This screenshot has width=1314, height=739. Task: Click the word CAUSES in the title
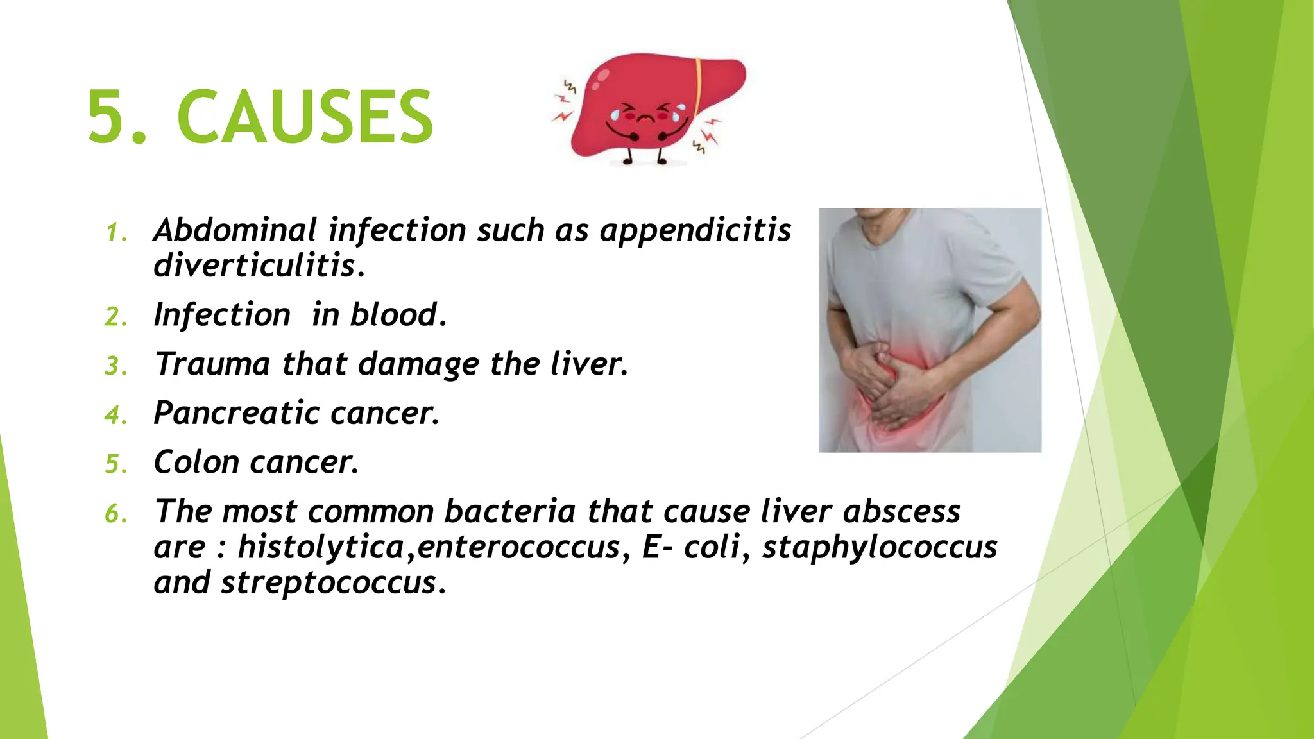(x=305, y=117)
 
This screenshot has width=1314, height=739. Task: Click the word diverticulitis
(x=255, y=266)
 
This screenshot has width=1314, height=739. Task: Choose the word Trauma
(x=212, y=364)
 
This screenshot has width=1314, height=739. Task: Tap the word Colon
(x=196, y=463)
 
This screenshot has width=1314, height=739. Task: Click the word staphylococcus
(x=880, y=547)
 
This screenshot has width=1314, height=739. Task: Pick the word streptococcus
(x=328, y=583)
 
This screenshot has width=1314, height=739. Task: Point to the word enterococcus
(x=518, y=547)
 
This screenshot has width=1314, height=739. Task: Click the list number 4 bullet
(x=115, y=416)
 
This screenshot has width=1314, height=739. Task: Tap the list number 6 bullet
(x=115, y=514)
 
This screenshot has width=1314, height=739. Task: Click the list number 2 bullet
(x=115, y=318)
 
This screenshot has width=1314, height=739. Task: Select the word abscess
(x=901, y=512)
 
